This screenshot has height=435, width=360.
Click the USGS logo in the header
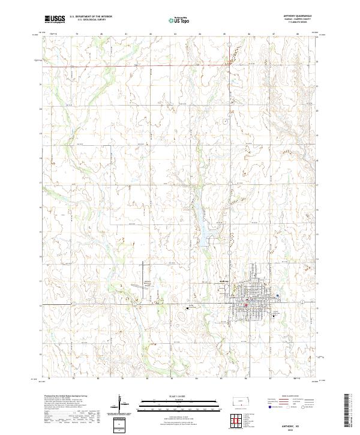point(55,19)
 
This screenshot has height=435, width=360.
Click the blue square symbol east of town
point(278,295)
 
